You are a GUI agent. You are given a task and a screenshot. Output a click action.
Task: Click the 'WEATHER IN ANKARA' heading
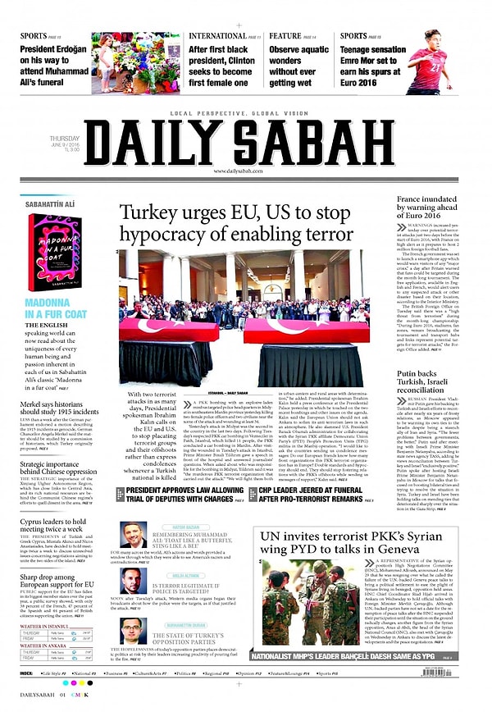point(43,646)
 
